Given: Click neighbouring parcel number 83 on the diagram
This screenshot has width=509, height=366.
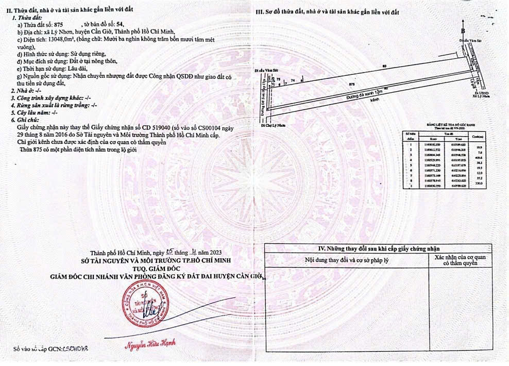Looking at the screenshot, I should [x=384, y=66].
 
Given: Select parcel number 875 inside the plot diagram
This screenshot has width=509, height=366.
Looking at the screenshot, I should [x=352, y=83].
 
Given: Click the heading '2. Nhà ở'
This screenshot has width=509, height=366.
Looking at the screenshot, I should [x=24, y=90].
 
